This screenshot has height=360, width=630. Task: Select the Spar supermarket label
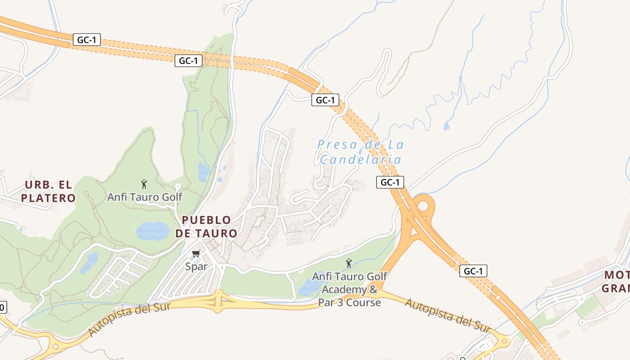click(197, 266)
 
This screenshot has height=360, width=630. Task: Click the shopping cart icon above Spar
click(196, 254)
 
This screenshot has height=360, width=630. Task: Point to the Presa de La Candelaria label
click(360, 152)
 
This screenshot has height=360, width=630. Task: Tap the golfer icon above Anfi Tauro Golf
click(144, 184)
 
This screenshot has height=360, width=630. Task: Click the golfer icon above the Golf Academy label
click(348, 263)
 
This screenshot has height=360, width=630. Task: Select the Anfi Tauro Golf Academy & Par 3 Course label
click(350, 289)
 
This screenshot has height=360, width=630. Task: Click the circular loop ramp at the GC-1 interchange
click(423, 206)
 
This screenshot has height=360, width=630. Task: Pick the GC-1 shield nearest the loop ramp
click(390, 182)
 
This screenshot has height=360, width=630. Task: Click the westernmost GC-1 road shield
click(86, 40)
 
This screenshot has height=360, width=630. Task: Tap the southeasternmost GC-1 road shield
click(473, 271)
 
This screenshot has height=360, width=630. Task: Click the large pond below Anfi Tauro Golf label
click(153, 231)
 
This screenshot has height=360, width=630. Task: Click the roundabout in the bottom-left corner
click(56, 346)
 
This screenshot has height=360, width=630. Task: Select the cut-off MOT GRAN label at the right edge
click(617, 281)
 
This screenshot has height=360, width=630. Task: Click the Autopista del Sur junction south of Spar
click(218, 301)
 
